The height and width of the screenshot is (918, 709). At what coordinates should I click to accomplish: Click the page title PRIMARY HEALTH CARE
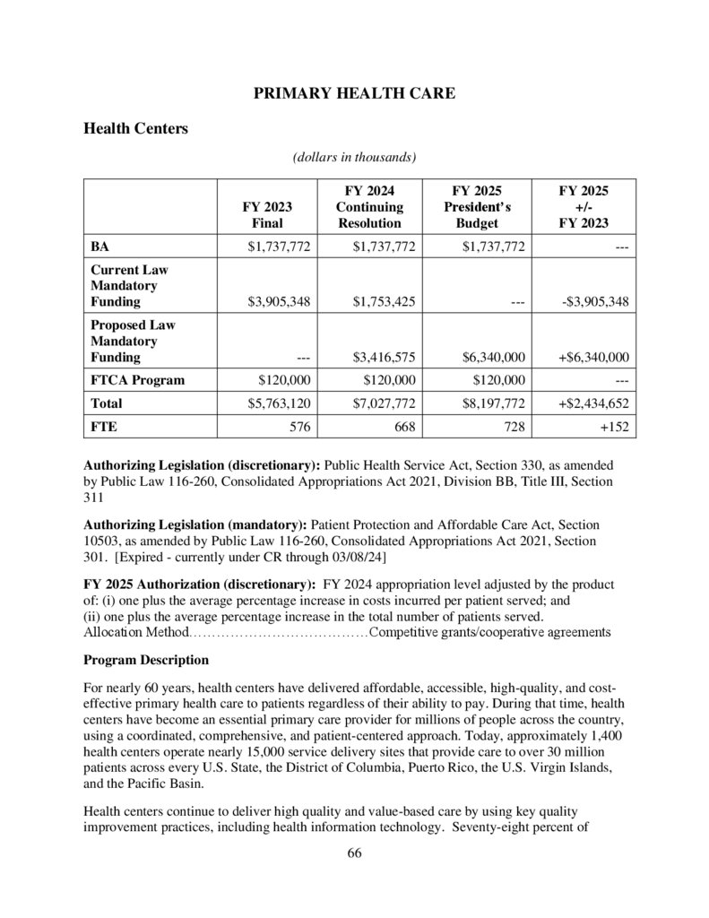[354, 93]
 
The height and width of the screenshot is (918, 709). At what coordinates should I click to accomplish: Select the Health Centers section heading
[135, 128]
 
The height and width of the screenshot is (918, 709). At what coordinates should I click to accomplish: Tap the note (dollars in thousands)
[354, 158]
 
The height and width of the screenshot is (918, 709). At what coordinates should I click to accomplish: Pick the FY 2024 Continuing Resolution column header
[369, 206]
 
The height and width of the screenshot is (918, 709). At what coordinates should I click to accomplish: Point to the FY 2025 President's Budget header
[476, 206]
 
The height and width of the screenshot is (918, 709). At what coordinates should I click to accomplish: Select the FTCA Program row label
[137, 379]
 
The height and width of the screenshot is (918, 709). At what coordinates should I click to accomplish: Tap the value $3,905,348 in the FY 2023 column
[279, 301]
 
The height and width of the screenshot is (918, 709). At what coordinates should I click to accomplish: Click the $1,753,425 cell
[385, 301]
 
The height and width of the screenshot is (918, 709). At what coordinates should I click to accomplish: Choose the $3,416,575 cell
[385, 357]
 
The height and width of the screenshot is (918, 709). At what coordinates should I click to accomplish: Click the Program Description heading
[146, 660]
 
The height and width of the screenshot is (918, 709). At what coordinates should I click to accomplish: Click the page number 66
[354, 853]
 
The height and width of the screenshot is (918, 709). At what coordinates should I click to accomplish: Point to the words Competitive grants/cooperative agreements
[489, 632]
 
